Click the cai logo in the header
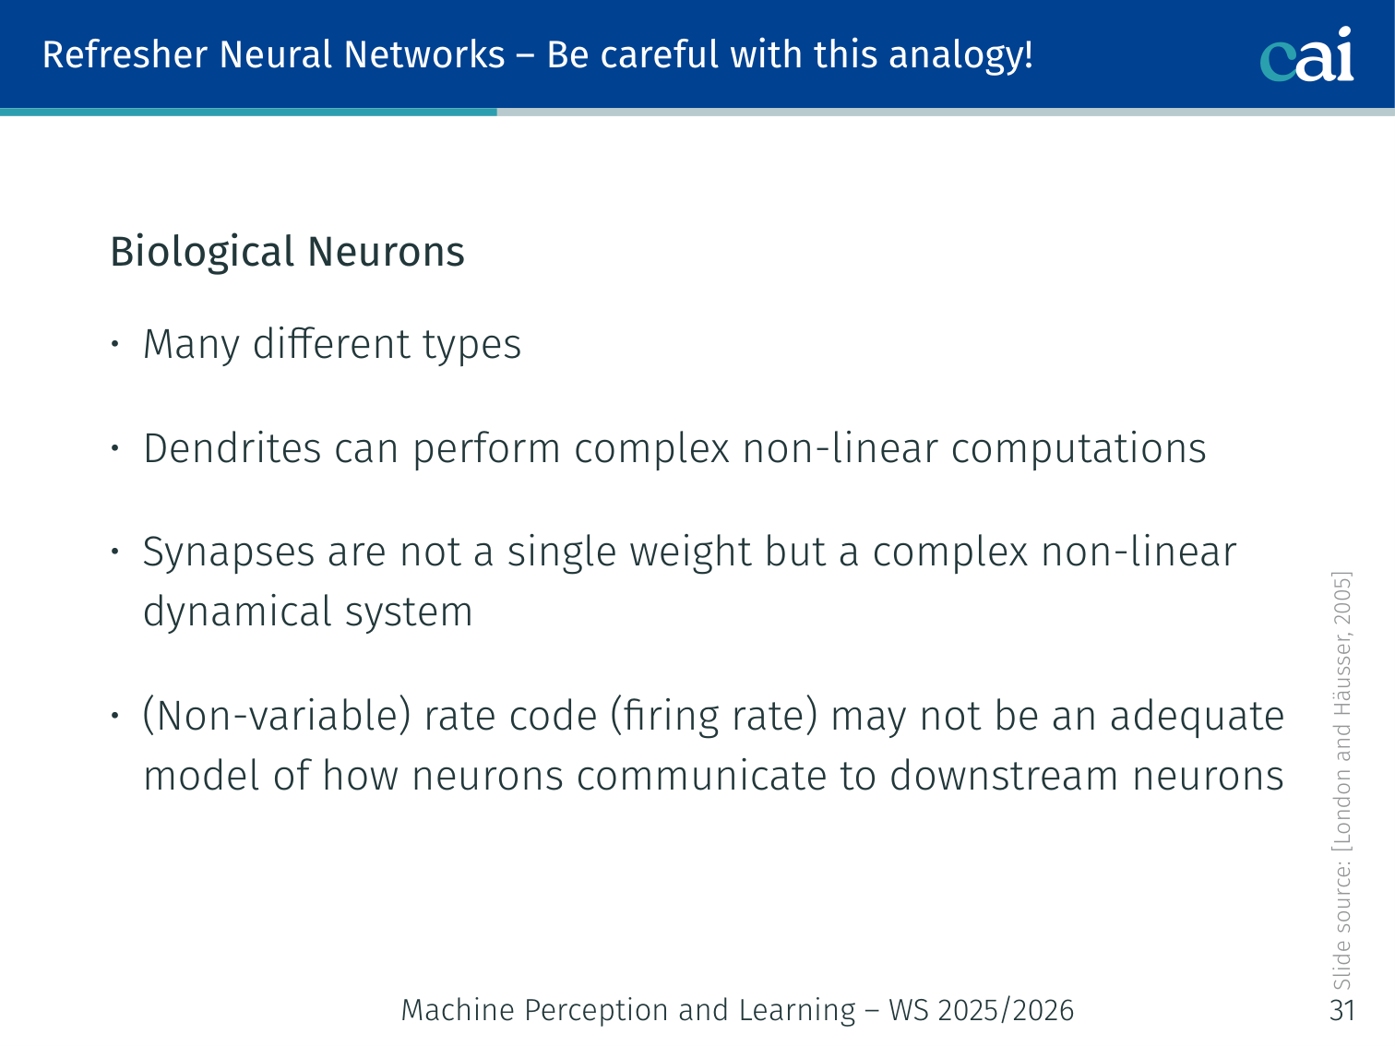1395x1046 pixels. click(x=1306, y=55)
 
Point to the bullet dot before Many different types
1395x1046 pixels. click(x=115, y=345)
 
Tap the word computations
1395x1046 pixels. click(x=1079, y=449)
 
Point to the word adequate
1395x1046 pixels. click(x=1197, y=717)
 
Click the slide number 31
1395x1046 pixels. click(x=1342, y=1010)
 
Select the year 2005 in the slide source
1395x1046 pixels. click(x=1342, y=600)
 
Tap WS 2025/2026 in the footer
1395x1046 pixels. click(x=981, y=1011)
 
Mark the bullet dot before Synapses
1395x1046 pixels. click(x=115, y=553)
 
